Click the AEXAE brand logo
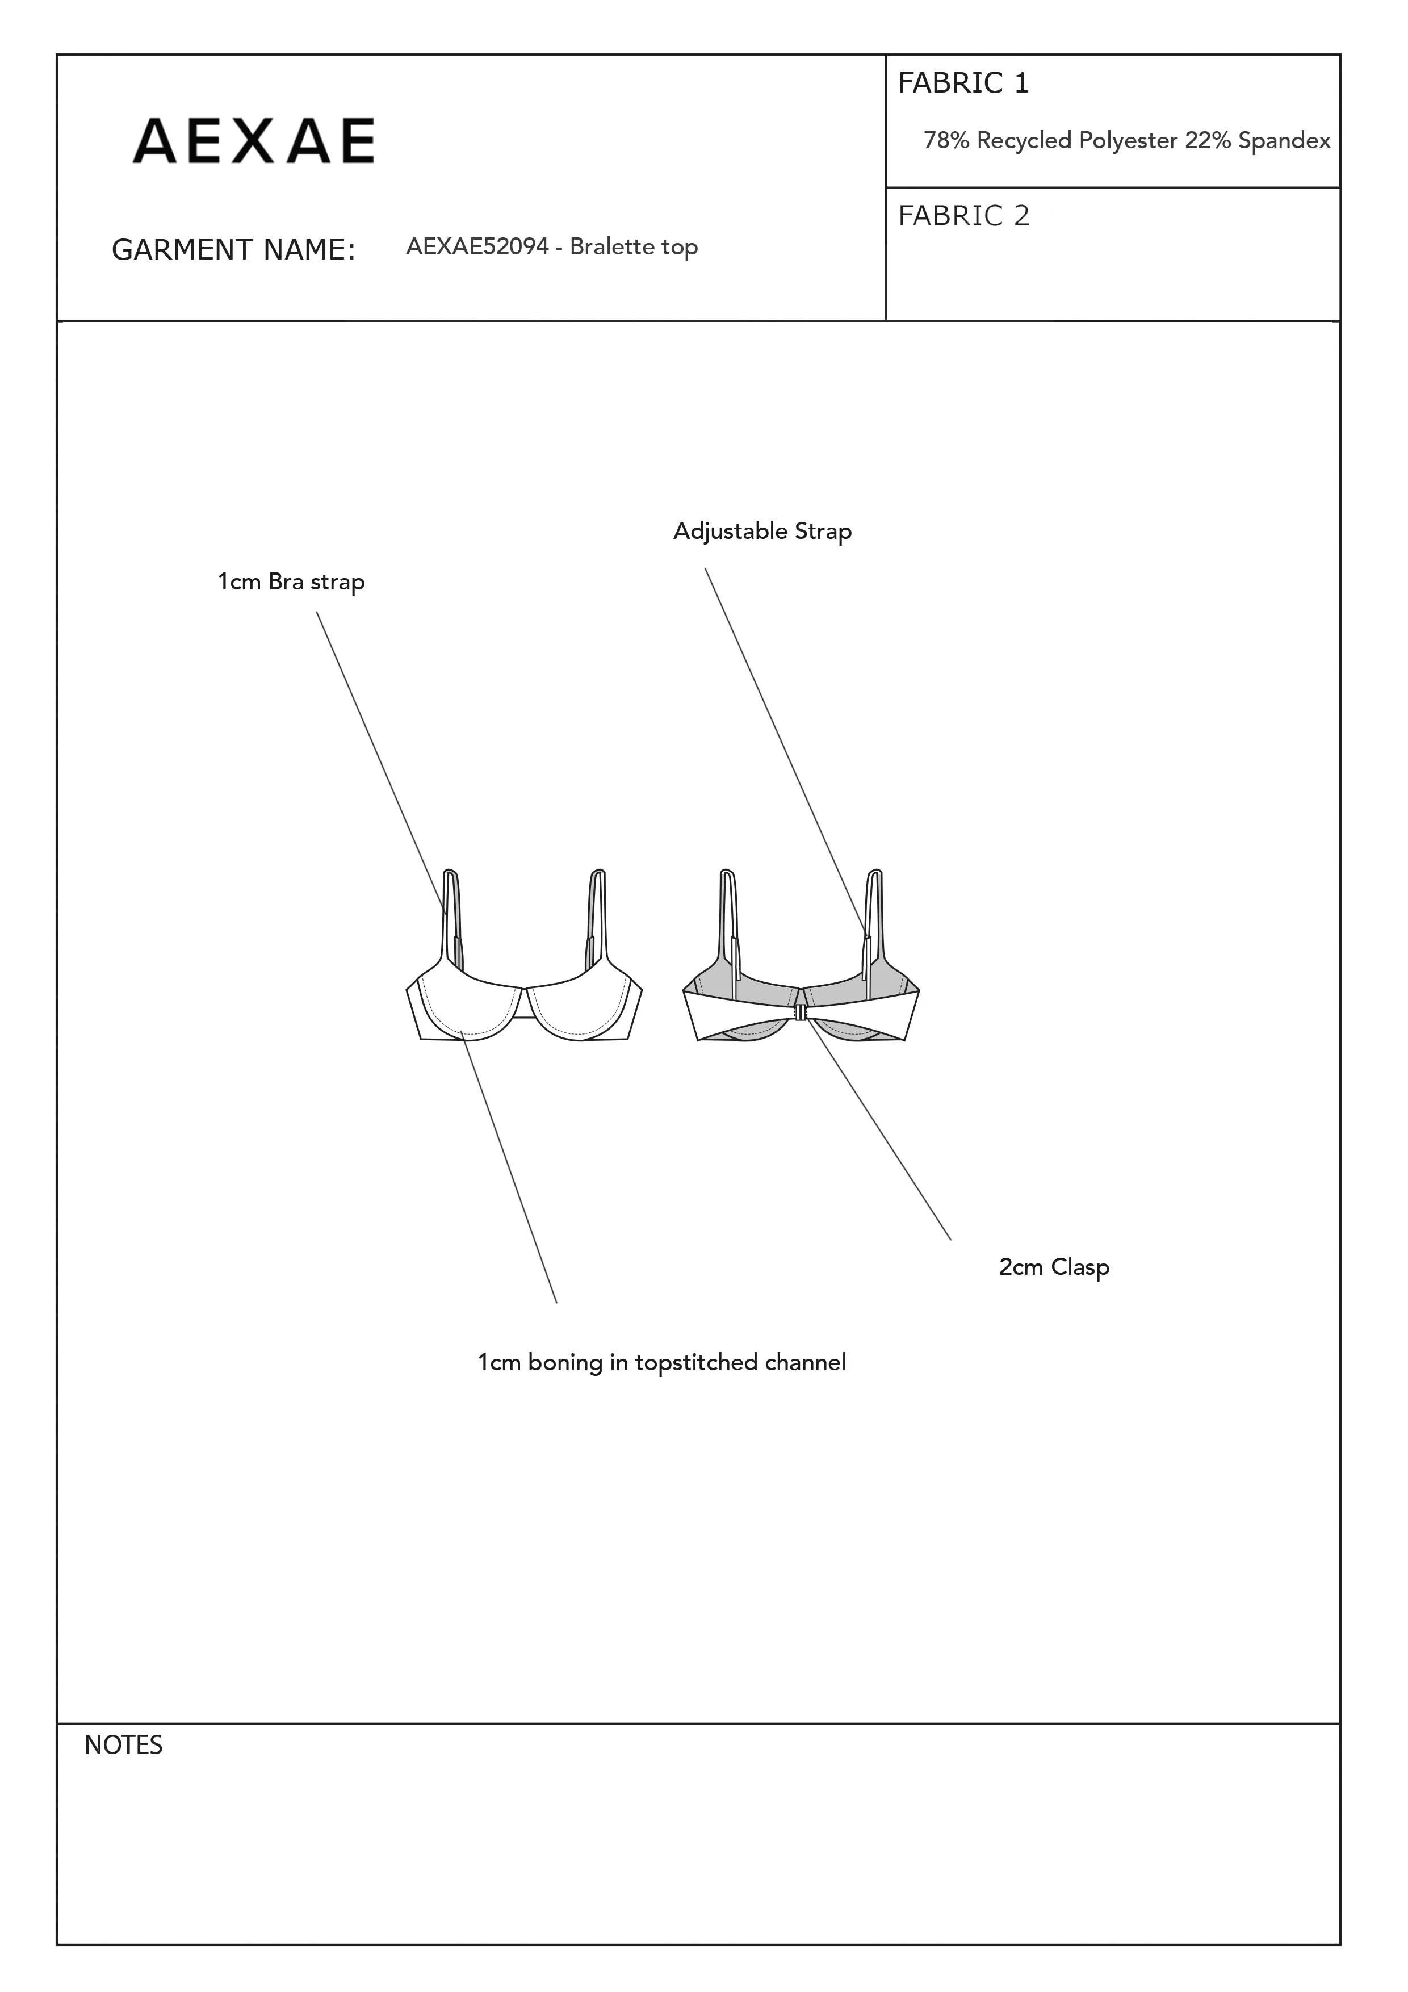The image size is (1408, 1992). [x=253, y=141]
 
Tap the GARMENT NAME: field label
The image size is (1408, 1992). [x=233, y=250]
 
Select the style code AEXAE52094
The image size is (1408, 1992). [x=477, y=246]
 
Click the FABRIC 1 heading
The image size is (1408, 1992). [x=963, y=83]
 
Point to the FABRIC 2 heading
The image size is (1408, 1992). [x=963, y=216]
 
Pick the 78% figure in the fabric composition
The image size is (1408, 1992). [x=946, y=141]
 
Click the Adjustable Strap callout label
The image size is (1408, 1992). [x=762, y=531]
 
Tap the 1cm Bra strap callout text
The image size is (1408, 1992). [x=291, y=581]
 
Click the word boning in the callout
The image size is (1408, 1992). [x=565, y=1362]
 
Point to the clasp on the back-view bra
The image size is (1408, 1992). [x=800, y=1012]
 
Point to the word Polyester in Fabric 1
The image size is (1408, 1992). [x=1128, y=141]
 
